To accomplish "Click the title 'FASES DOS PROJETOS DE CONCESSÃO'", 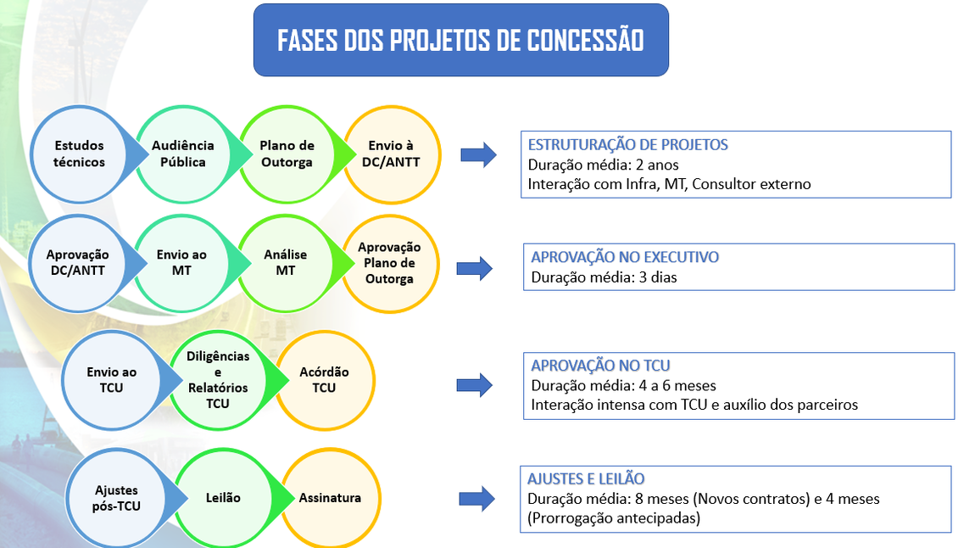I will pos(460,41).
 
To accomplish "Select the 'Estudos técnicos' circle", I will pos(80,154).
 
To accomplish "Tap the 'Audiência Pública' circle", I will pos(183,154).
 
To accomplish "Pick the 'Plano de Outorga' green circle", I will pos(287,154).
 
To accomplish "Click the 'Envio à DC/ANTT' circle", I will pos(392,154).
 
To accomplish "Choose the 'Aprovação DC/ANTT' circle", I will pos(78,263).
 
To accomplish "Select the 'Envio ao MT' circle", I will pos(181,263).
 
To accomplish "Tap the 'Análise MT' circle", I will pos(286,263).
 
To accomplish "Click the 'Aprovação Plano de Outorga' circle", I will pos(389,263).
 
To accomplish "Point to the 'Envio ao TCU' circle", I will pos(111,380).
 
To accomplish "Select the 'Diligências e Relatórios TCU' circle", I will pos(218,380).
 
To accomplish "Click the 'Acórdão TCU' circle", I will pos(324,380).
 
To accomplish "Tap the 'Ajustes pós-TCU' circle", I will pos(117,498).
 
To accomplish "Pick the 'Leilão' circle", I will pos(223,498).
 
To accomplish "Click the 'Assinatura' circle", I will pos(330,498).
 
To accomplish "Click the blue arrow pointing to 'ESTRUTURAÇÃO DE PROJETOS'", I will pos(478,154).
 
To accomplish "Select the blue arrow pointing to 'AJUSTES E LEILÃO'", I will pos(476,500).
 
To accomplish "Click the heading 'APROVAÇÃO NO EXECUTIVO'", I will pos(625,257).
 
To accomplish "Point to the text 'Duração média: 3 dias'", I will pos(604,277).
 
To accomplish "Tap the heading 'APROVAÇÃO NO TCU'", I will pos(600,366).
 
